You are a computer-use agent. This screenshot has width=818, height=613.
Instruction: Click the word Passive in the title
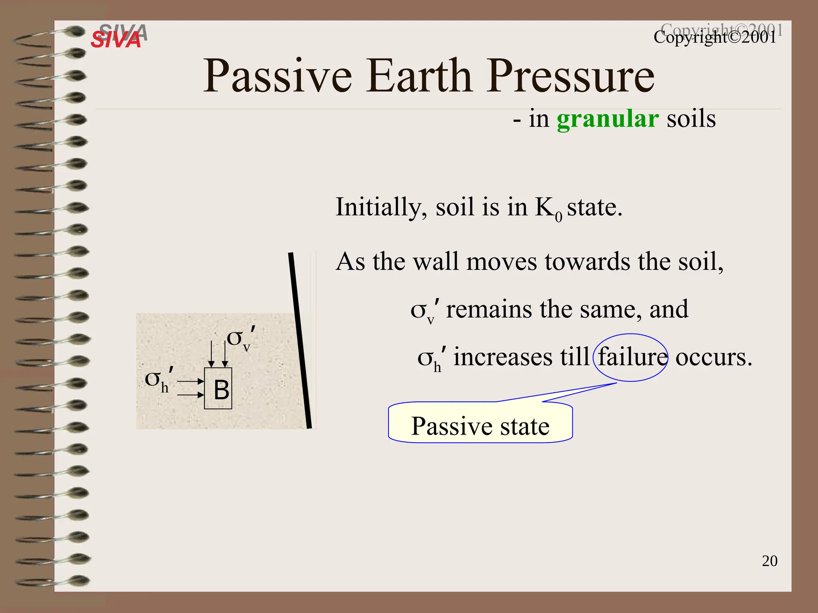[278, 76]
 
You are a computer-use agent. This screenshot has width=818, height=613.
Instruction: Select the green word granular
[607, 119]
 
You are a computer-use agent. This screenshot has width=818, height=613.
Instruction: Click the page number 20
[769, 561]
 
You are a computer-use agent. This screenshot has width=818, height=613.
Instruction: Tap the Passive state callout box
[480, 426]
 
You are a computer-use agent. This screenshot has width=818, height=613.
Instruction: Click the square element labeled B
[218, 388]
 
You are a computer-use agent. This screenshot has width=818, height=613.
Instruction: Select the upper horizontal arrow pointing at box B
[191, 382]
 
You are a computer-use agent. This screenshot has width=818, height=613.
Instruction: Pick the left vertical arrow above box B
[211, 353]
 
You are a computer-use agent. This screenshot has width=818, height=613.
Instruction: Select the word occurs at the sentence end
[713, 357]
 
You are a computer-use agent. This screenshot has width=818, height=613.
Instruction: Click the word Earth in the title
[419, 76]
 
